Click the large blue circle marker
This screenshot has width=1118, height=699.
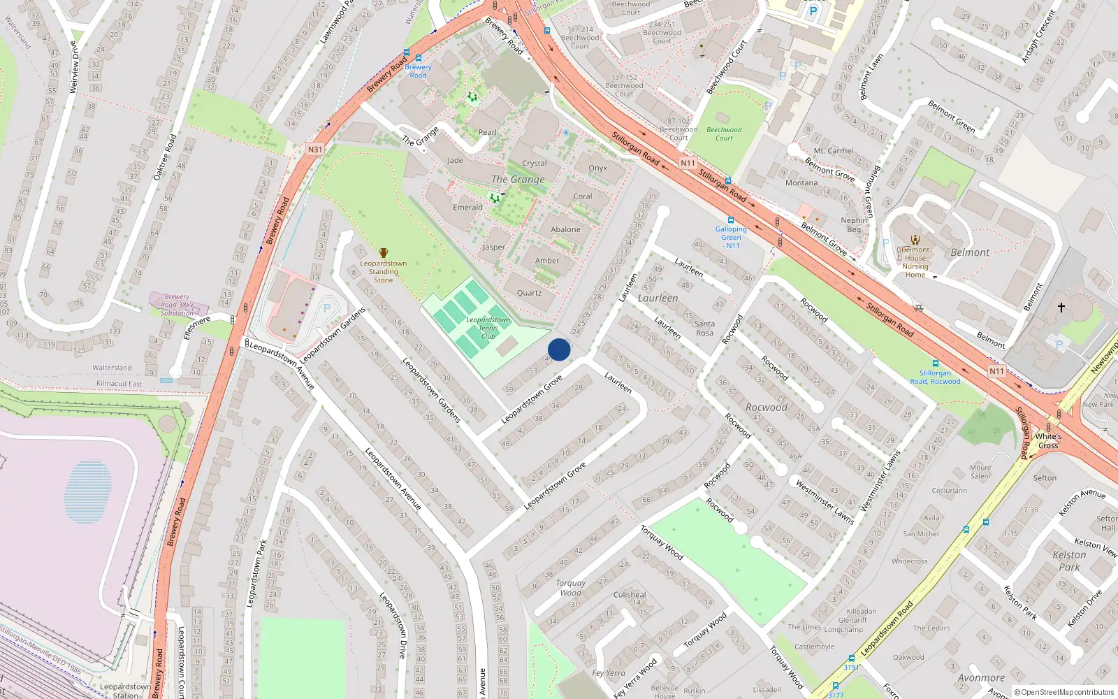pyautogui.click(x=559, y=349)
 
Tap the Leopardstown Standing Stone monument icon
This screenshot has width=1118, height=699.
pyautogui.click(x=383, y=253)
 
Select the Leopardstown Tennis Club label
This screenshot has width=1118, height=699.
pyautogui.click(x=488, y=328)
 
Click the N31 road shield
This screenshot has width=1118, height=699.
pyautogui.click(x=315, y=149)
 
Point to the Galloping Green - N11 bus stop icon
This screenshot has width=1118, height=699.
pyautogui.click(x=730, y=219)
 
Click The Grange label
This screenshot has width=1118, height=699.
pyautogui.click(x=518, y=180)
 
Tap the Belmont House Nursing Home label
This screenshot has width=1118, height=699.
pyautogui.click(x=915, y=262)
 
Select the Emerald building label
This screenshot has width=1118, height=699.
pyautogui.click(x=467, y=208)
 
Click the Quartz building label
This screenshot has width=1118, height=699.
pyautogui.click(x=529, y=293)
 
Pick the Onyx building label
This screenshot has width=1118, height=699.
pyautogui.click(x=597, y=168)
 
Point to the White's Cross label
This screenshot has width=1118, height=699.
pyautogui.click(x=1048, y=441)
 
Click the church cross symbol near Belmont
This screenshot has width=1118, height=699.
pyautogui.click(x=1061, y=307)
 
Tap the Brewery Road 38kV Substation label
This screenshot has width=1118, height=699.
pyautogui.click(x=177, y=305)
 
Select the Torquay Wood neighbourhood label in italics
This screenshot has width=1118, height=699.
pyautogui.click(x=570, y=588)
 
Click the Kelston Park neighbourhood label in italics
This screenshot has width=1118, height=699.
pyautogui.click(x=1069, y=561)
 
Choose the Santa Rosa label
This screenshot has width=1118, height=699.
pyautogui.click(x=704, y=328)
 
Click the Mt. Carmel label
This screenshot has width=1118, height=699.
pyautogui.click(x=833, y=151)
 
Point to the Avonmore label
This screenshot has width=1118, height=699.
pyautogui.click(x=981, y=678)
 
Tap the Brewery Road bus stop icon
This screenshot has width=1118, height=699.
pyautogui.click(x=418, y=59)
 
